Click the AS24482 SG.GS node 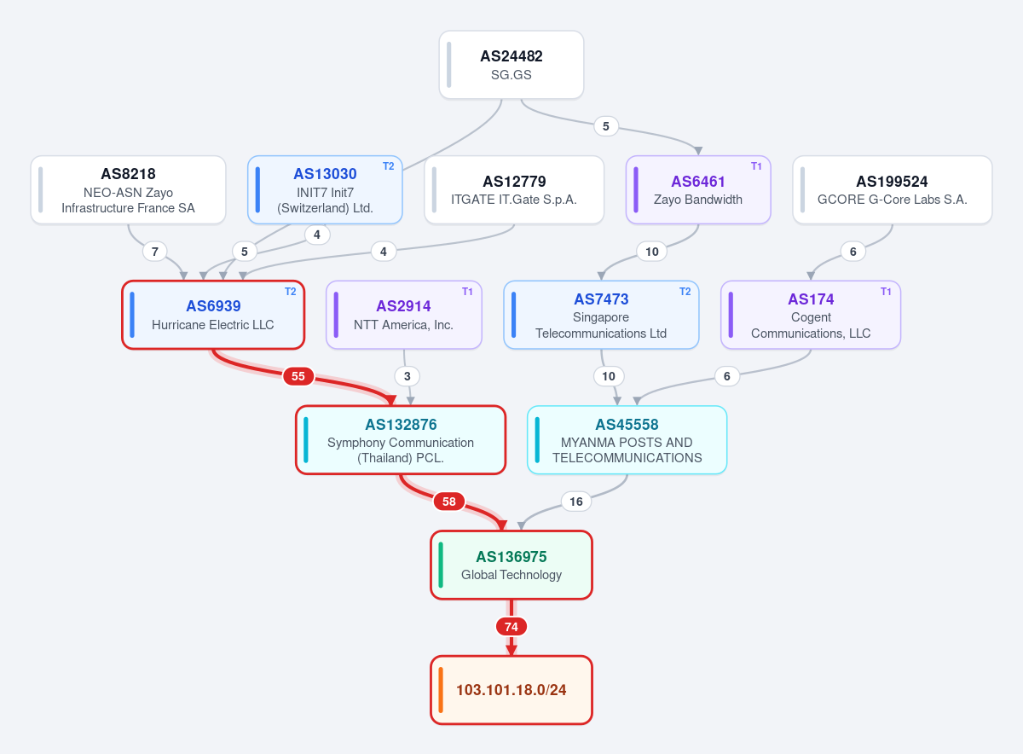pyautogui.click(x=511, y=65)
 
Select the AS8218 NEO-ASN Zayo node pyautogui.click(x=129, y=189)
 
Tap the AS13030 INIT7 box pyautogui.click(x=325, y=189)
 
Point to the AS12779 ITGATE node pyautogui.click(x=514, y=189)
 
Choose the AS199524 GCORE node pyautogui.click(x=892, y=189)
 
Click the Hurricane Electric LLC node pyautogui.click(x=213, y=315)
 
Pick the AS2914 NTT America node pyautogui.click(x=404, y=315)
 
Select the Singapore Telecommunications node pyautogui.click(x=601, y=315)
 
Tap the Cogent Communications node pyautogui.click(x=811, y=315)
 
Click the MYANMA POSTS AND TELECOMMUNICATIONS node pyautogui.click(x=627, y=440)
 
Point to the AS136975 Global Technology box pyautogui.click(x=511, y=565)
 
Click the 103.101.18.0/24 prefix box pyautogui.click(x=511, y=690)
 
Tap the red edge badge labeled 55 pyautogui.click(x=298, y=376)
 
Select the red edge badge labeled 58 pyautogui.click(x=449, y=502)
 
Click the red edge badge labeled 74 pyautogui.click(x=511, y=627)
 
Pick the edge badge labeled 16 pyautogui.click(x=576, y=502)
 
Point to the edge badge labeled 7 pyautogui.click(x=155, y=252)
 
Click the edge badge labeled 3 pyautogui.click(x=407, y=376)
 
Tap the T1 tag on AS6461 pyautogui.click(x=756, y=166)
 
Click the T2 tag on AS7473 pyautogui.click(x=685, y=292)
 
